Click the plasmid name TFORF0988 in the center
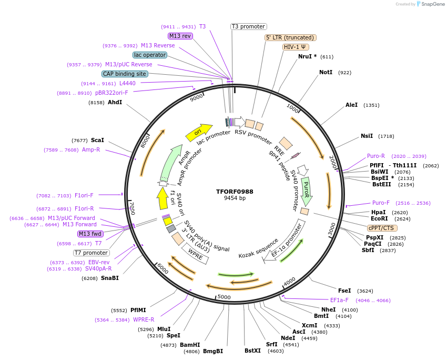pos(235,192)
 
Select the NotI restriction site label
pos(326,72)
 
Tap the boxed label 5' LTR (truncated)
pos(290,37)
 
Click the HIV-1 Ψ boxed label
pos(296,47)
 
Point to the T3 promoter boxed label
pos(249,26)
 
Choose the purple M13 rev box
pos(180,36)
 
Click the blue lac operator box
pos(150,55)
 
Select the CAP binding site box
pos(125,74)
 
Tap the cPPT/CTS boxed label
pos(382,228)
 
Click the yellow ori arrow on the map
pos(198,132)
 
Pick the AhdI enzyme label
pos(115,102)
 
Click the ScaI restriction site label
pos(97,141)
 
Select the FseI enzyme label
pos(344,291)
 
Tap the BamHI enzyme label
pos(190,345)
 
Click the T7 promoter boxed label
pos(91,253)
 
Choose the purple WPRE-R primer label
pos(144,319)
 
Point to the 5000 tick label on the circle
pos(224,297)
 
